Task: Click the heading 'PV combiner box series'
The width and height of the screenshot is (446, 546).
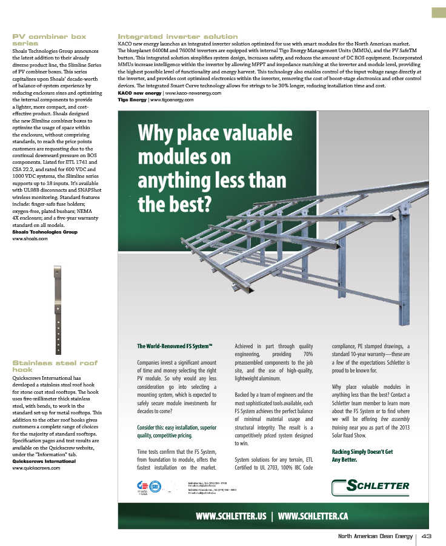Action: pos(49,40)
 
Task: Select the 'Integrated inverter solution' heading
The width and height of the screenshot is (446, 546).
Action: pos(178,36)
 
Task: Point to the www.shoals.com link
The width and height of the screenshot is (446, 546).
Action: pos(30,238)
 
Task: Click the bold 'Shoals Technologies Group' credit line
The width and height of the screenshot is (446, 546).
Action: pos(45,232)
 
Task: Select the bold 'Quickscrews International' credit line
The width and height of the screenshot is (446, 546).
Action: pos(45,461)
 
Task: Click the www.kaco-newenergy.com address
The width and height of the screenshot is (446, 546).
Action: pos(193,93)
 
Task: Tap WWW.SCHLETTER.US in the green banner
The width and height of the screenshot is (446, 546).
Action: pos(231,516)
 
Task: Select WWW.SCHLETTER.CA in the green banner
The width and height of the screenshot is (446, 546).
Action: pos(312,516)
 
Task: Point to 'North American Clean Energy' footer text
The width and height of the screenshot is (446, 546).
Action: pos(375,536)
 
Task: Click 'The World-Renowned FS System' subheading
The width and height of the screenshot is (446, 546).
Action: pos(174,346)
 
